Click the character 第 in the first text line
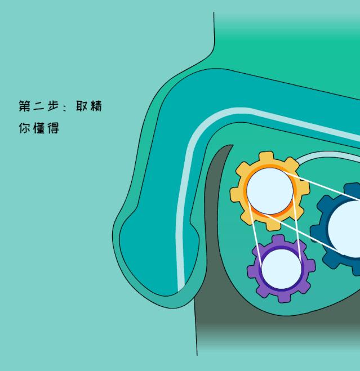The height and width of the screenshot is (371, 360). pyautogui.click(x=25, y=106)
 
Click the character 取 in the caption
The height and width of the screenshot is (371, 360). pyautogui.click(x=82, y=106)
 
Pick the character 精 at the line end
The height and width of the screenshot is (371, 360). pyautogui.click(x=96, y=106)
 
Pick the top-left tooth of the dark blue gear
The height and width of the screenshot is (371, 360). pyautogui.click(x=323, y=201)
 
